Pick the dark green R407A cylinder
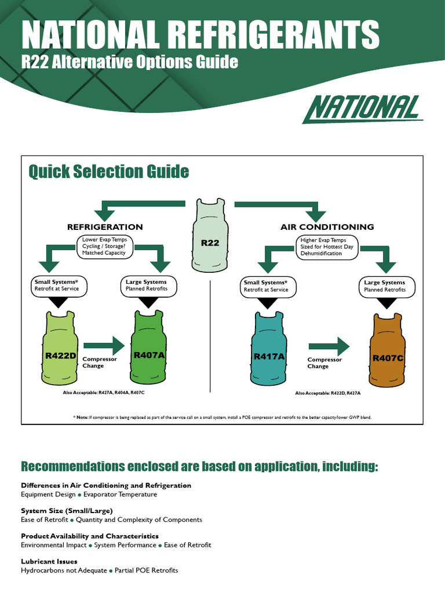point(149,350)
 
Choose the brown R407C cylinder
point(388,353)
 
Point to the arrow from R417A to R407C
point(329,346)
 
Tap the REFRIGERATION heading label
point(105,227)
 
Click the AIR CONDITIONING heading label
point(327,227)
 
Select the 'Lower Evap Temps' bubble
point(104,246)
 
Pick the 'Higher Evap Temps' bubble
point(327,246)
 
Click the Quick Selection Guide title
point(109,171)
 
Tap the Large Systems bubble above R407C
point(385,285)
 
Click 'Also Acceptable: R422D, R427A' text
point(327,393)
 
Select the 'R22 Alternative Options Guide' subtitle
point(130,61)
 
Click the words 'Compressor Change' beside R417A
point(324,363)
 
